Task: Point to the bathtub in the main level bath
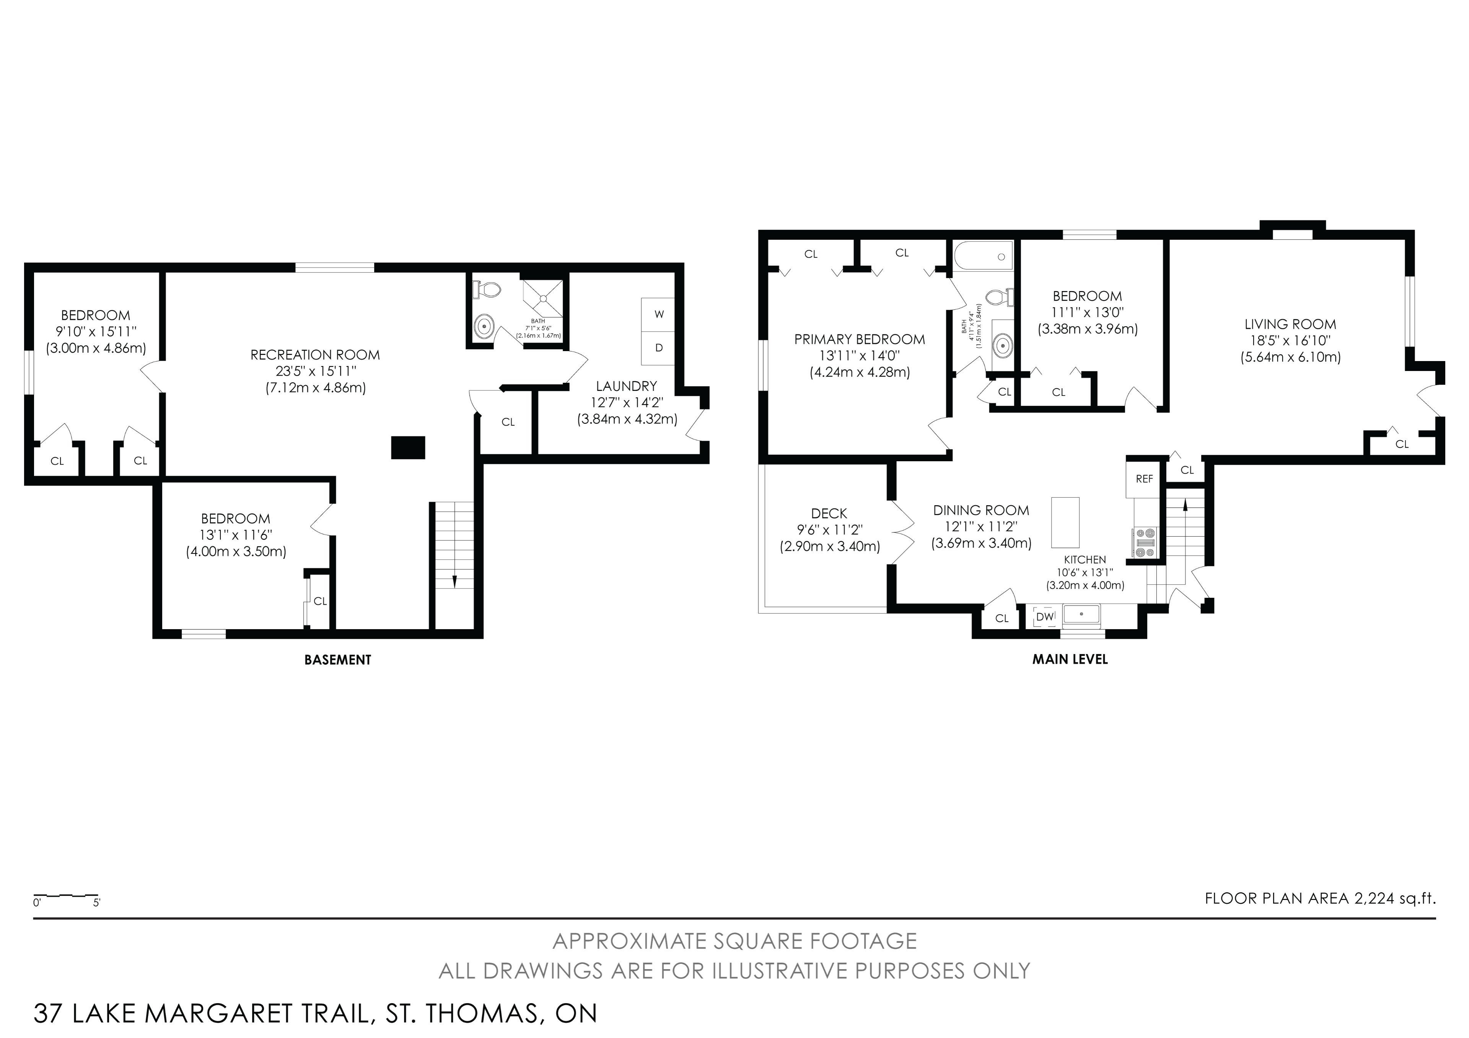984,257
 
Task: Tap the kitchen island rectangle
1065,522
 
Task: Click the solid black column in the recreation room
408,448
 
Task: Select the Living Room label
1290,324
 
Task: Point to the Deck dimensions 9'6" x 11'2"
829,530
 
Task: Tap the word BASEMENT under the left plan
338,660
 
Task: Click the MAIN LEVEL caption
1070,659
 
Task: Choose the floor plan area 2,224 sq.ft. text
1321,898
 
